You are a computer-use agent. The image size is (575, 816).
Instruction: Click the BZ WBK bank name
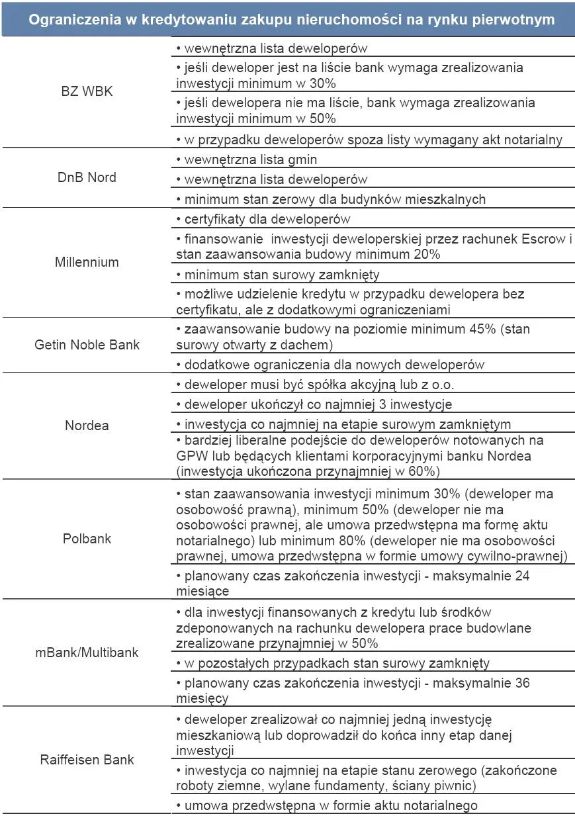point(87,91)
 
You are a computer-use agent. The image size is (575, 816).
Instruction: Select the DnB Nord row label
point(87,177)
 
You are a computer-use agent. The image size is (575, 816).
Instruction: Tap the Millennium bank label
point(87,262)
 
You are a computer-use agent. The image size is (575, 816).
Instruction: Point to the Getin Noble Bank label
point(87,345)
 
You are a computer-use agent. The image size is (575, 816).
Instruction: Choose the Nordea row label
point(87,426)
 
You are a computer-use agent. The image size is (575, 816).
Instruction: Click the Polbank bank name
point(87,539)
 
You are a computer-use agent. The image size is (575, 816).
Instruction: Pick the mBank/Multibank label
point(87,653)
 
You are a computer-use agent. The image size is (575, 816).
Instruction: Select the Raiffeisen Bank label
point(87,759)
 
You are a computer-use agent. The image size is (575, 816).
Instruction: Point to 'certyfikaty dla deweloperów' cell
point(263,219)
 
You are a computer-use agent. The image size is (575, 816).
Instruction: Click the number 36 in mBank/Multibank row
point(521,683)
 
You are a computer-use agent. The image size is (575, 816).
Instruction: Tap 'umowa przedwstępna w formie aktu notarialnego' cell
point(327,805)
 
